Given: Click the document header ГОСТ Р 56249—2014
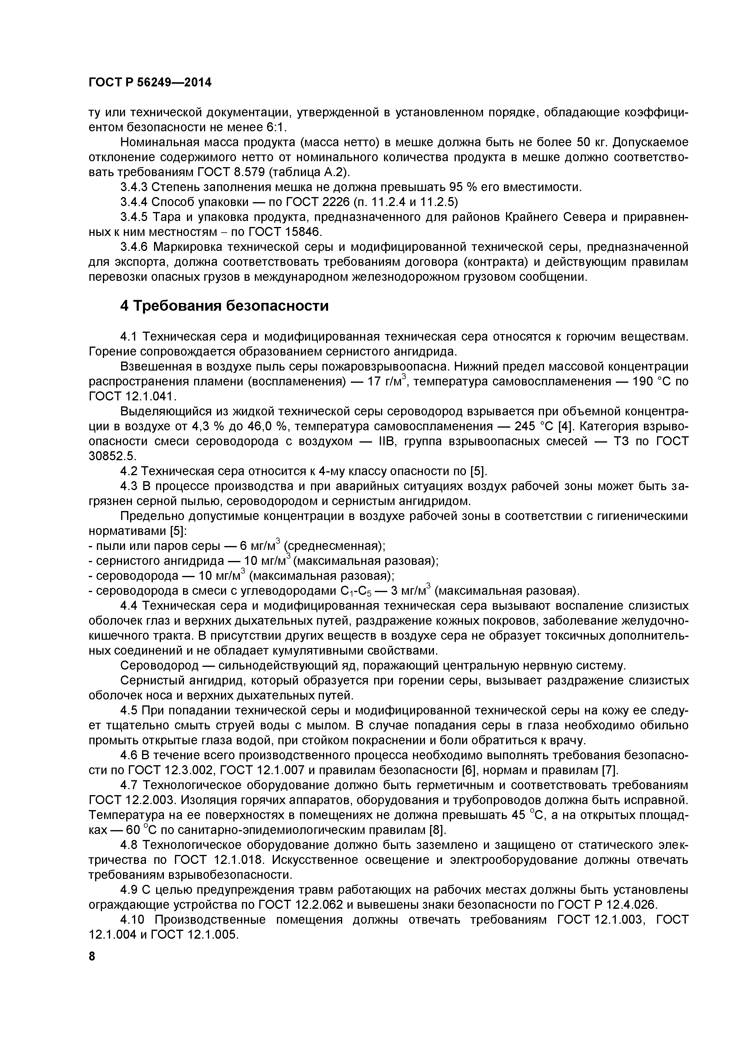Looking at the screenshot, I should click(150, 83).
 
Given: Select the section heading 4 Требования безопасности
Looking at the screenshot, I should click(224, 306).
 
